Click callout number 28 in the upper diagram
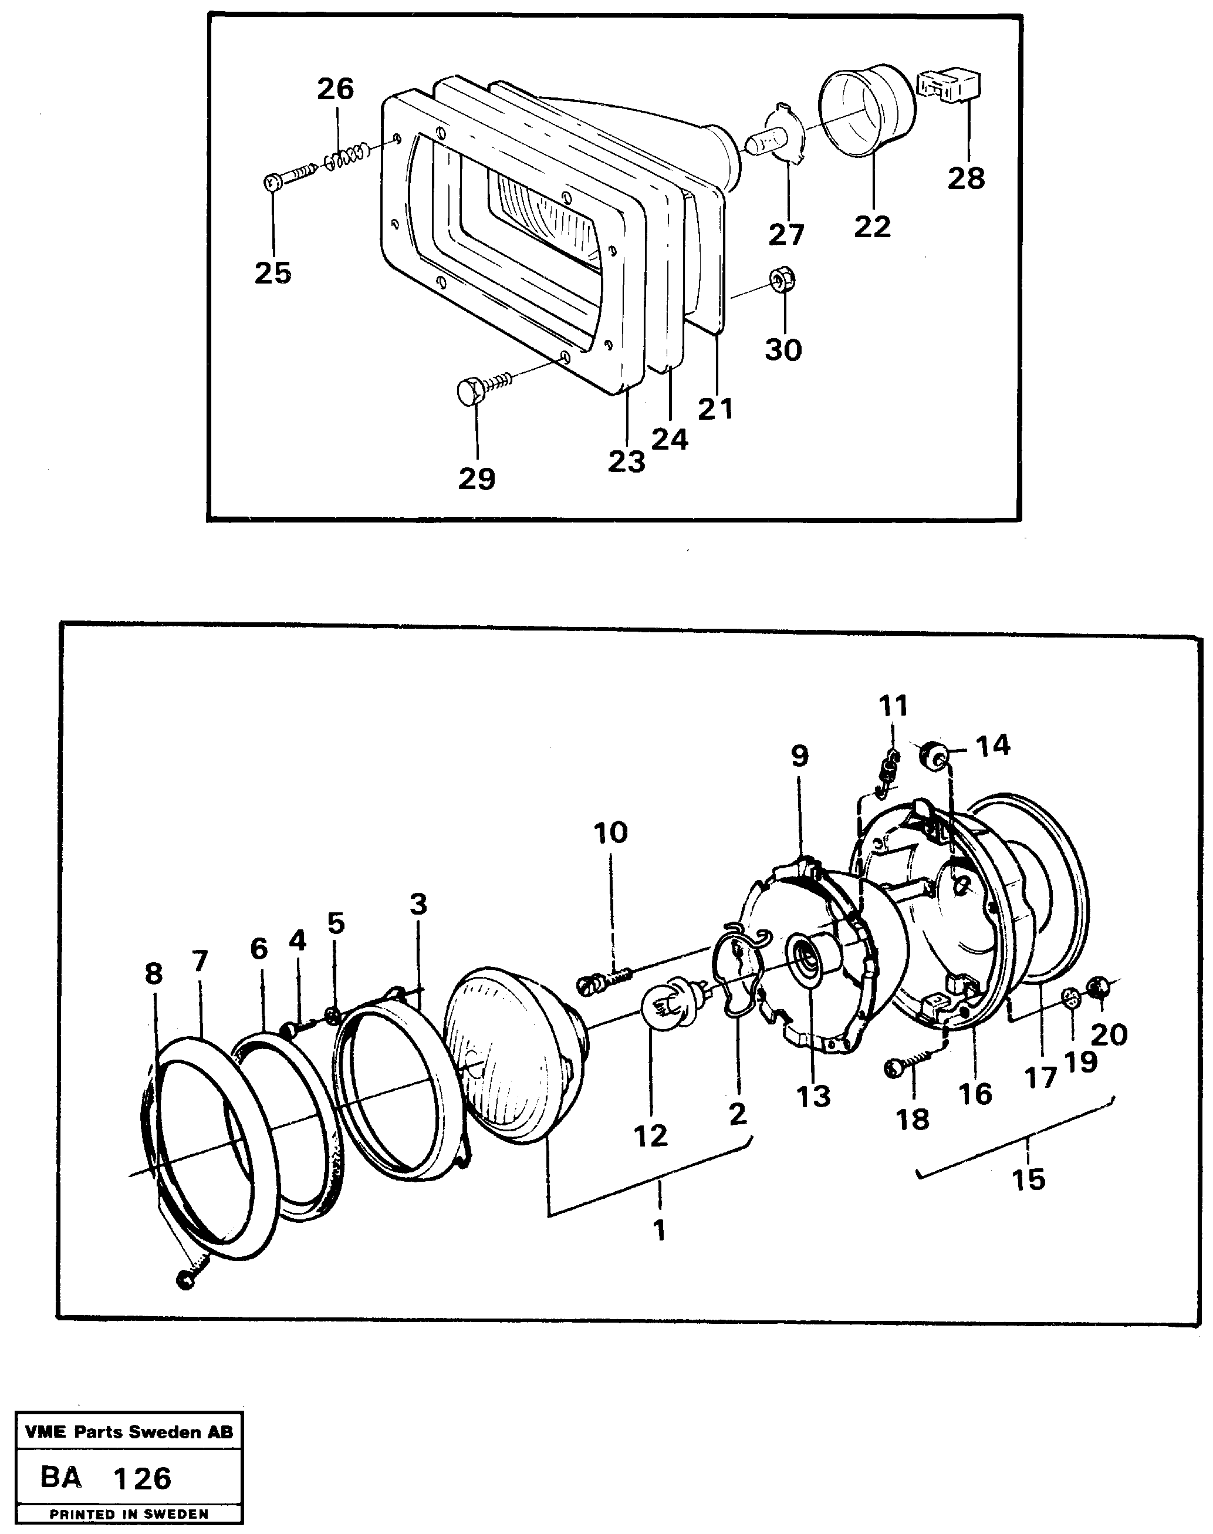967,178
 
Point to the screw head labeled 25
273,183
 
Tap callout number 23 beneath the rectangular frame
626,462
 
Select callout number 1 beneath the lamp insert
660,1229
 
